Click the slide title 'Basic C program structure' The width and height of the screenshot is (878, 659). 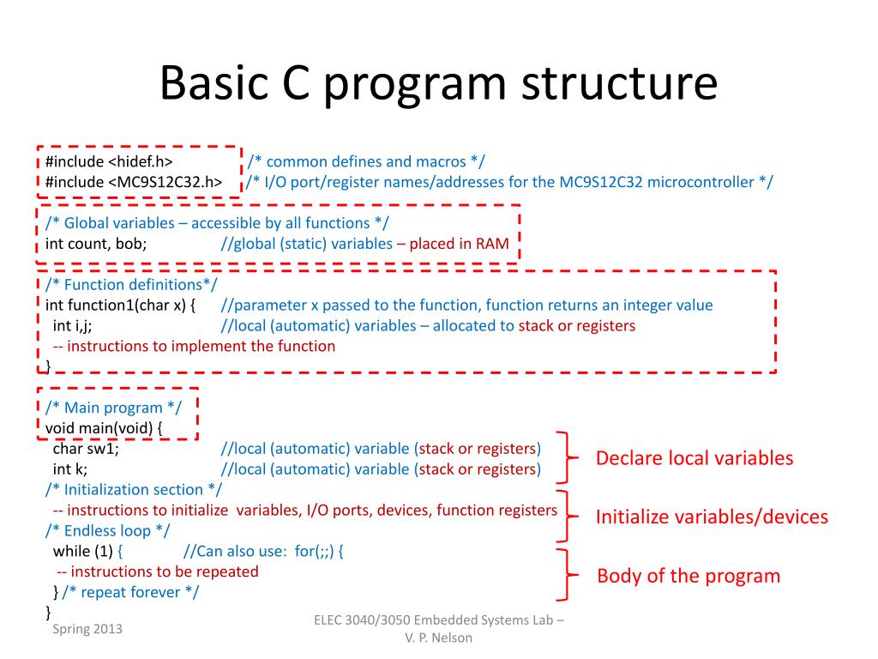click(x=438, y=84)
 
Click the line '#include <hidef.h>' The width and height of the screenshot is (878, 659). click(x=109, y=161)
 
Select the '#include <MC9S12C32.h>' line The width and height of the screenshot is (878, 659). click(x=135, y=182)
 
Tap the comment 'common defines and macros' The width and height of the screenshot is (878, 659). click(x=366, y=161)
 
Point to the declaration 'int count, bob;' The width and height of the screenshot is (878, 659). click(x=96, y=244)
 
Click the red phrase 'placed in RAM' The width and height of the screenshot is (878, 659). click(x=459, y=244)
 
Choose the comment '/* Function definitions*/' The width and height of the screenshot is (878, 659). click(x=131, y=285)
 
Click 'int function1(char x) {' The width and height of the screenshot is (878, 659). click(x=121, y=305)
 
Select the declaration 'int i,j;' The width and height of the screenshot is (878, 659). click(x=72, y=326)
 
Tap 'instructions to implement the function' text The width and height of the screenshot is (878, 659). click(x=194, y=347)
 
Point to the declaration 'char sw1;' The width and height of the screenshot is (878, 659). click(x=86, y=449)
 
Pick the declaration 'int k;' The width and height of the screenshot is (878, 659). click(x=70, y=469)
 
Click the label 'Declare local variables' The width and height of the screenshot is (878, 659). click(x=695, y=458)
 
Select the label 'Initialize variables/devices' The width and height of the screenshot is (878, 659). click(x=712, y=517)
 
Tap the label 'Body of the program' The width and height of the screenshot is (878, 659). click(x=689, y=576)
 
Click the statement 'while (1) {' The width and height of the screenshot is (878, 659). click(x=89, y=551)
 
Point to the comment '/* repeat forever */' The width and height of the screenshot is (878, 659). click(x=131, y=592)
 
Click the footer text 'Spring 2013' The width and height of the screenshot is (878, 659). click(x=87, y=629)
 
